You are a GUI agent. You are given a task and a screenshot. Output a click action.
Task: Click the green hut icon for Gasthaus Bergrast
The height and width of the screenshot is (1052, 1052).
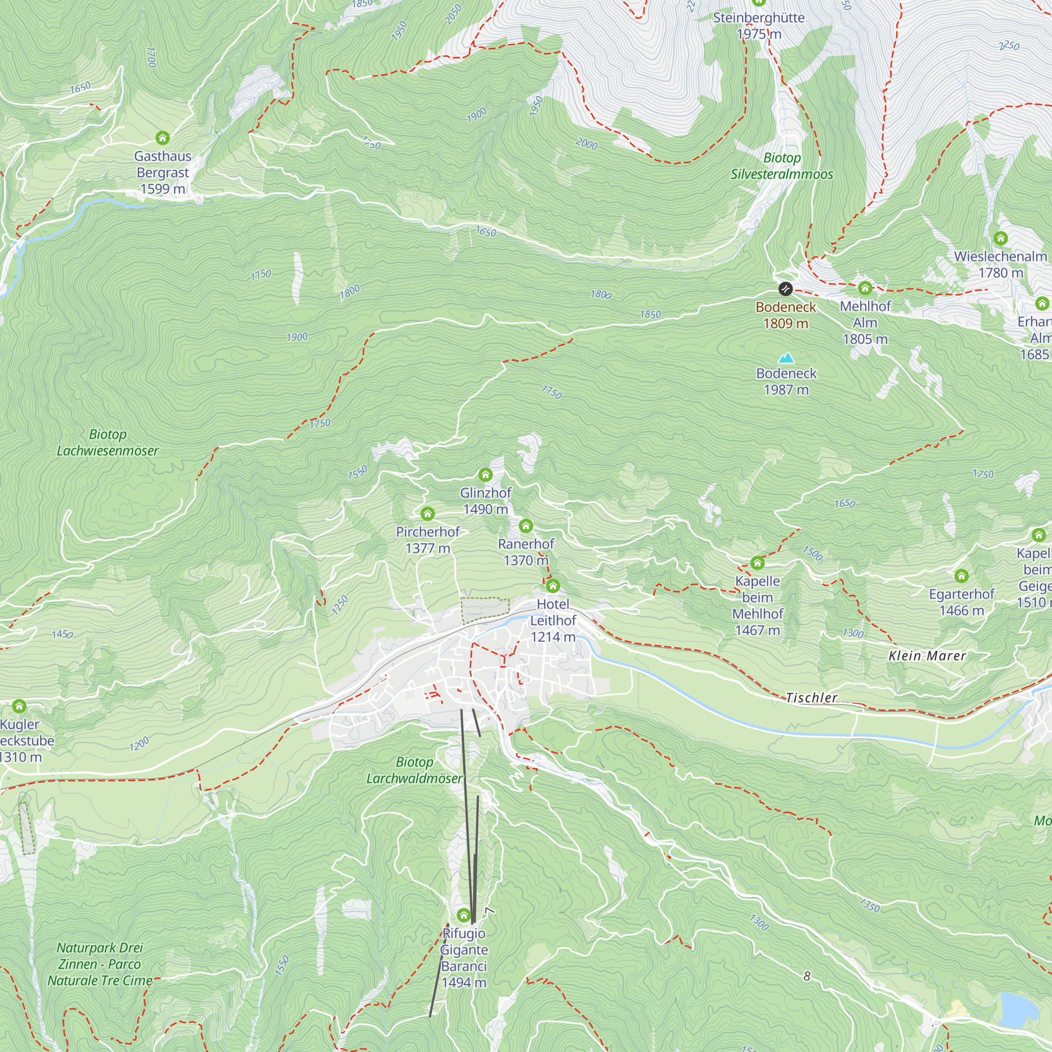[x=162, y=138]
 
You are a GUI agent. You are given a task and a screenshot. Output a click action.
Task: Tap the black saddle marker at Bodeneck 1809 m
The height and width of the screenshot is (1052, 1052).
[x=785, y=289]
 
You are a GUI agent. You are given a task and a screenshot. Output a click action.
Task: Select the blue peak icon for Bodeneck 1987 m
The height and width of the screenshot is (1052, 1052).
[x=786, y=358]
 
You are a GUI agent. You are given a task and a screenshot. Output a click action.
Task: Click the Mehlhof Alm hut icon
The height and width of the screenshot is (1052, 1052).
[x=865, y=288]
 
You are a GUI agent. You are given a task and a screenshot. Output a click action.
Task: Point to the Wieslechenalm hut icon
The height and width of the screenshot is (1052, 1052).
[x=1000, y=238]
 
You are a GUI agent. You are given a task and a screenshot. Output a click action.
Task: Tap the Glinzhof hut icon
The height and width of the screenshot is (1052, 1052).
[x=485, y=475]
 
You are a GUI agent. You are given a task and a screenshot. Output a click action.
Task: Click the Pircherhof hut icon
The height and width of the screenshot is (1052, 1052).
[x=428, y=513]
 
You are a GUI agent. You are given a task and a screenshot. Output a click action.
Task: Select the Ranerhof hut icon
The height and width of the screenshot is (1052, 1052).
[x=525, y=525]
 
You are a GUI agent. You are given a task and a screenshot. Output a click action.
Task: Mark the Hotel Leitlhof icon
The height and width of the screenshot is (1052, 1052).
[x=553, y=586]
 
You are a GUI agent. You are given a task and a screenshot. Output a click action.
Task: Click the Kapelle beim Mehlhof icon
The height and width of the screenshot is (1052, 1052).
[x=757, y=563]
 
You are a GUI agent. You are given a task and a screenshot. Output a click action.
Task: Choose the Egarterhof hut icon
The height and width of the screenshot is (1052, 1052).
[x=961, y=575]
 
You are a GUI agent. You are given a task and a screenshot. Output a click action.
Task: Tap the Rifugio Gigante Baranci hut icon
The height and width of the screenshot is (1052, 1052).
[x=463, y=915]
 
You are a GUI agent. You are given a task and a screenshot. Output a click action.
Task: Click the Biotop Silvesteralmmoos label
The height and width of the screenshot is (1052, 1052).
[x=782, y=166]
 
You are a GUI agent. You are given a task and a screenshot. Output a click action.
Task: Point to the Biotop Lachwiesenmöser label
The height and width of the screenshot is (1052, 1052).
[x=108, y=443]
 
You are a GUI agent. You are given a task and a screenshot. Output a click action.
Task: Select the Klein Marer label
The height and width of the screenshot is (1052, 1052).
[x=927, y=656]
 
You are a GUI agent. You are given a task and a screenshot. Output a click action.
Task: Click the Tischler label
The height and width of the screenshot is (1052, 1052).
[x=811, y=697]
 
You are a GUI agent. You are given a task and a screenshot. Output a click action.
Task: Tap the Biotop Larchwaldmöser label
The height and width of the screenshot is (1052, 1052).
[x=414, y=771]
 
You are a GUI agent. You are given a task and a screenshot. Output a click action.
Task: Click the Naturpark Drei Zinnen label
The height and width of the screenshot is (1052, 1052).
[x=99, y=964]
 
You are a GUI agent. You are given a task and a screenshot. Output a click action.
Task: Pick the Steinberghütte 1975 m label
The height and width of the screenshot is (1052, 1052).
[x=758, y=26]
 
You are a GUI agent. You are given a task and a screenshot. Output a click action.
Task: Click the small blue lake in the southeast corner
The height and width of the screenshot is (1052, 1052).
[x=1018, y=1009]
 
